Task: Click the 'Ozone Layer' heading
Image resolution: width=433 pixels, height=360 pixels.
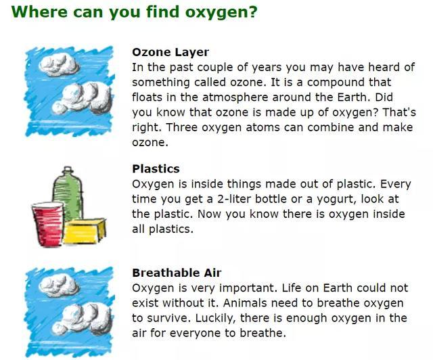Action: click(170, 52)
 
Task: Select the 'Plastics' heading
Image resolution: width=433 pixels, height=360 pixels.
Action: click(156, 168)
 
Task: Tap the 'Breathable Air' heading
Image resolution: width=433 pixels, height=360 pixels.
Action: click(177, 273)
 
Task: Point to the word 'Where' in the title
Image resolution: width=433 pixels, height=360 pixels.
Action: click(39, 12)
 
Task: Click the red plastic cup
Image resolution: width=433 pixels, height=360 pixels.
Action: click(48, 225)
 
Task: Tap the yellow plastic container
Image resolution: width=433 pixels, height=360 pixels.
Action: click(85, 231)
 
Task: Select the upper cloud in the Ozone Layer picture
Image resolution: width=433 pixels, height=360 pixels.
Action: click(59, 65)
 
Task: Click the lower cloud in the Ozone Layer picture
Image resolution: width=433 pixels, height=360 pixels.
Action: click(83, 98)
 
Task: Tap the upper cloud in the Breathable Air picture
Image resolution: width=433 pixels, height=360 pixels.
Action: click(59, 286)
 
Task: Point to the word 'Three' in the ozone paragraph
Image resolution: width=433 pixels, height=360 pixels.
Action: click(182, 127)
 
